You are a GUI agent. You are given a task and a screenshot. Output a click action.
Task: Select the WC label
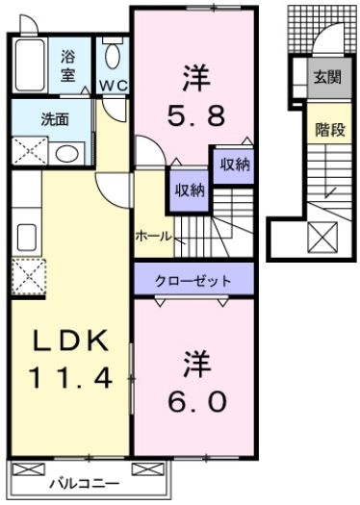(x=114, y=86)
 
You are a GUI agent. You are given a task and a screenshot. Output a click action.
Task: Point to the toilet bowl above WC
(x=114, y=55)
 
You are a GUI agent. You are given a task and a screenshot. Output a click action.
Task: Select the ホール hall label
(x=153, y=236)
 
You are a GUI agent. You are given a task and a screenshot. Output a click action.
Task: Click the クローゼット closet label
(x=193, y=281)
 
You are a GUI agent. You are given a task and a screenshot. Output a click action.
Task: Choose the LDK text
(x=69, y=341)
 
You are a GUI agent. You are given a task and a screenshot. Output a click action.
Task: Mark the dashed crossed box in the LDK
(x=27, y=276)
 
